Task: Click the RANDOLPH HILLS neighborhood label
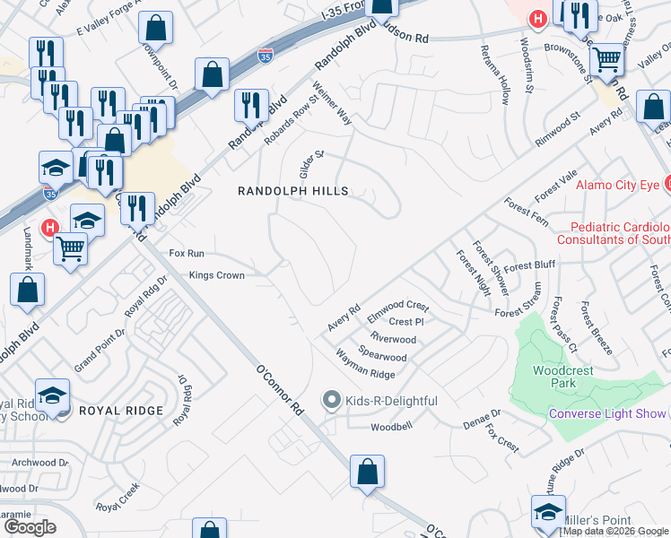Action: click(x=292, y=191)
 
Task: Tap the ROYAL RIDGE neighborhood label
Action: click(x=121, y=411)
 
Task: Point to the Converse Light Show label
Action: click(x=607, y=413)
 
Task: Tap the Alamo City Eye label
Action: click(x=615, y=185)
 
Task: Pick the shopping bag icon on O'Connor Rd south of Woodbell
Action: click(x=367, y=472)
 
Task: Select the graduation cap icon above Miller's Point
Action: click(x=548, y=513)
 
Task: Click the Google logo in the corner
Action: click(x=30, y=527)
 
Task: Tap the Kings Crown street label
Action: click(x=216, y=275)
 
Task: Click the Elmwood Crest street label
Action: click(x=398, y=312)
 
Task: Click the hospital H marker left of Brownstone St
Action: click(x=537, y=18)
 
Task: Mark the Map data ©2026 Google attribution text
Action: click(x=615, y=531)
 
